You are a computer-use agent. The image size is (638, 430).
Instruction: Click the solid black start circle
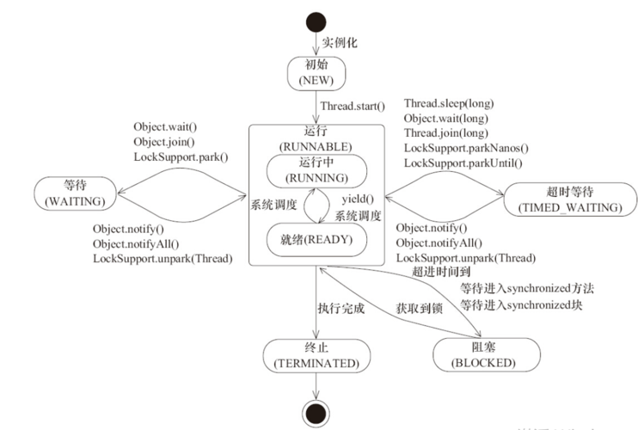(316, 21)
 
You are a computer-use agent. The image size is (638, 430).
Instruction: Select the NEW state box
(316, 72)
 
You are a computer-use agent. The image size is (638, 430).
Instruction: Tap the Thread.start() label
(353, 107)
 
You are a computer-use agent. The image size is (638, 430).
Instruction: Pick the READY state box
(316, 239)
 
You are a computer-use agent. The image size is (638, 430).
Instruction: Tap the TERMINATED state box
(316, 355)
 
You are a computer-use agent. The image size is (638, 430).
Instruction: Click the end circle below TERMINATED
(316, 411)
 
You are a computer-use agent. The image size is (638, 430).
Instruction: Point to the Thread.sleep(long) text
(448, 103)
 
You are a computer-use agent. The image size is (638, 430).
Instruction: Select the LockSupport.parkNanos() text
(465, 148)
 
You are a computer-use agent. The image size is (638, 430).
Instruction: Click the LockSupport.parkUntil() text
(463, 163)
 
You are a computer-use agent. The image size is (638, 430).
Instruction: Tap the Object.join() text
(164, 141)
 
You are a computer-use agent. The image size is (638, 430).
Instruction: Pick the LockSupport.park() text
(181, 156)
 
